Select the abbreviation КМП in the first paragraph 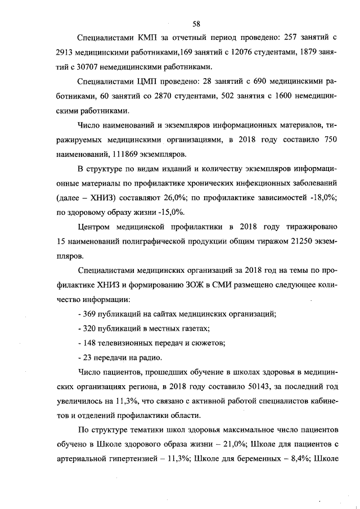[x=150, y=38]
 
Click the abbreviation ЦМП [x=150, y=82]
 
